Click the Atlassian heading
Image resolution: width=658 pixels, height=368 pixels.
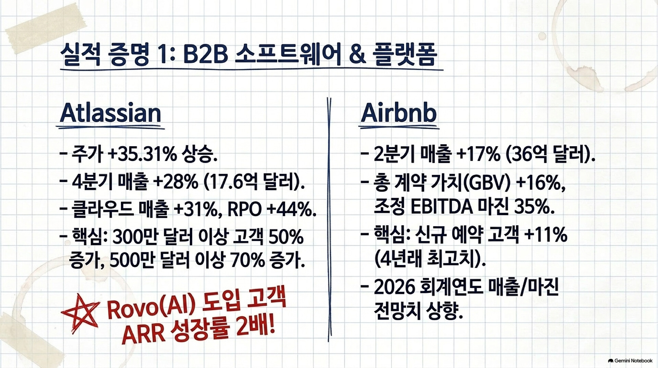110,113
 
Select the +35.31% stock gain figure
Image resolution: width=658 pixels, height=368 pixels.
142,154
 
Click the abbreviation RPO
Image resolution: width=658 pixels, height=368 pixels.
245,209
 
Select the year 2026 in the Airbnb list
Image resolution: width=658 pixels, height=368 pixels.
394,287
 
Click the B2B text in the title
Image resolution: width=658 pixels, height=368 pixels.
206,55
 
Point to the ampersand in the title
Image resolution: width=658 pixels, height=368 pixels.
358,55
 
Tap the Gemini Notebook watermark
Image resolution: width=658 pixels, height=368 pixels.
630,361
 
